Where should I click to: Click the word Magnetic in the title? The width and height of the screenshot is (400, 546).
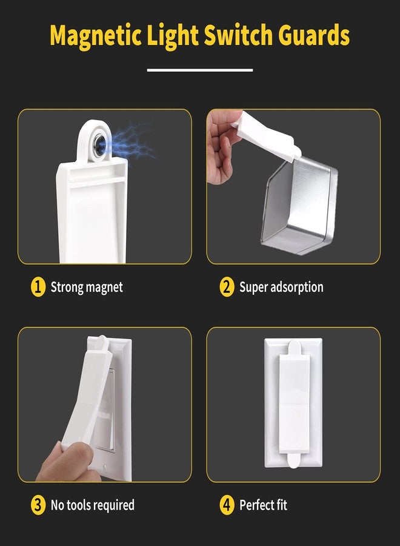click(96, 36)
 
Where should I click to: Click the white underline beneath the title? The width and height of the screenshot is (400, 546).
click(200, 70)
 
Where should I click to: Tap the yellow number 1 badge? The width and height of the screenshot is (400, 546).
click(38, 287)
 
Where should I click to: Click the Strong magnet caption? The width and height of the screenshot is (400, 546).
click(87, 287)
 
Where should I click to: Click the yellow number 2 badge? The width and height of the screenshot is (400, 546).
click(227, 287)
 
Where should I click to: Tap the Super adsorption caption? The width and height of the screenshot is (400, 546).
click(281, 287)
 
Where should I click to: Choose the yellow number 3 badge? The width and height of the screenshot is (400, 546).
click(38, 505)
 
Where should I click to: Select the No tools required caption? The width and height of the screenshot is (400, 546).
click(92, 505)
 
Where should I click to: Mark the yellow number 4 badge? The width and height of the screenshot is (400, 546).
click(227, 505)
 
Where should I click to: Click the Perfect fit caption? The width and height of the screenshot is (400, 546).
click(264, 505)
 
